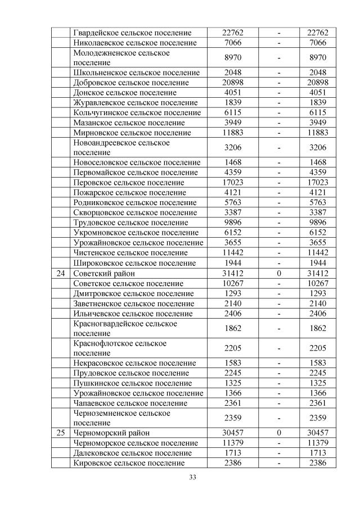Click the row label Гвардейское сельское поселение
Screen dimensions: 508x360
pos(132,33)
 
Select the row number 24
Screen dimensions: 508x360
pos(61,273)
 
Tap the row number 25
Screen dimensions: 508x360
pos(61,433)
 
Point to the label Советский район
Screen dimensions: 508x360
pos(104,273)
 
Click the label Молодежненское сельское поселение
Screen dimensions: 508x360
pos(121,58)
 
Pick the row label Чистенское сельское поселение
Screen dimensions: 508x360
pos(131,253)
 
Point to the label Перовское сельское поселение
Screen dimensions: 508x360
pos(129,183)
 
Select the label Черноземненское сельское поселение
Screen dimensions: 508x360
pos(122,418)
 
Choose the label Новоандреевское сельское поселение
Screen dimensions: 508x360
pos(121,148)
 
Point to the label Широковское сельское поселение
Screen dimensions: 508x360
pos(134,263)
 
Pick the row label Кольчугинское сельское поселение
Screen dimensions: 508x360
pos(137,113)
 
